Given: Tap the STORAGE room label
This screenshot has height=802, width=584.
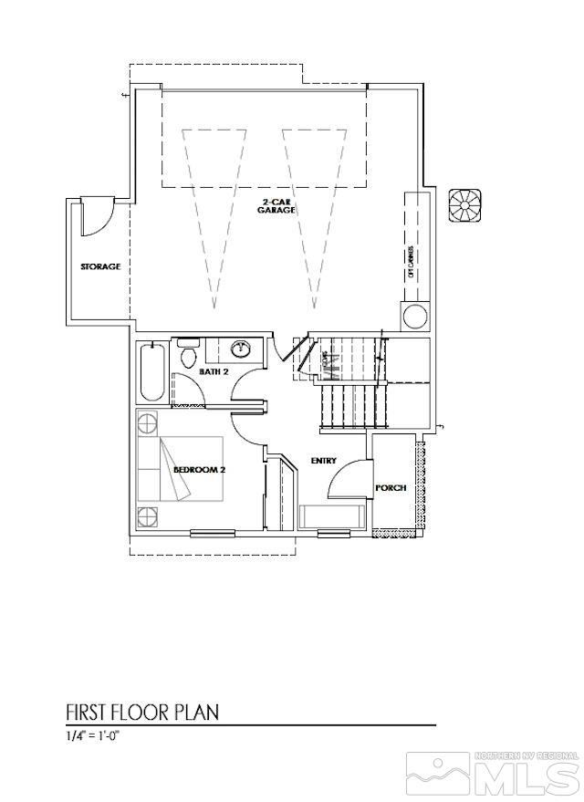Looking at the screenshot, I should pos(100,266).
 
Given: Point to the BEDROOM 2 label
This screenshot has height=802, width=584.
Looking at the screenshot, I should pos(199,470).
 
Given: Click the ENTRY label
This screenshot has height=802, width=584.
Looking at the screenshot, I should pos(324,461).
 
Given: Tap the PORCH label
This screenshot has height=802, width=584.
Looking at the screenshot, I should pos(391,488).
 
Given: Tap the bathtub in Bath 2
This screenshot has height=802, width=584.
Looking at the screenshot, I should pos(151,371).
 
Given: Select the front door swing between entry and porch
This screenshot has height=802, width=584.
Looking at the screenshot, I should pos(347,479).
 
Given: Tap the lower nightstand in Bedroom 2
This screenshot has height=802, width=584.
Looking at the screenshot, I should pos(148,516).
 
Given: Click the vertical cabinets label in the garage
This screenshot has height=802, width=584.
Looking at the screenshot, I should pos(411,261).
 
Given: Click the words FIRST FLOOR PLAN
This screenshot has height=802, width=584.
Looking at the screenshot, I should pos(142,711).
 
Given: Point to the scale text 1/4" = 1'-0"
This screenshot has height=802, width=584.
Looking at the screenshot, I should pos(93,735).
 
